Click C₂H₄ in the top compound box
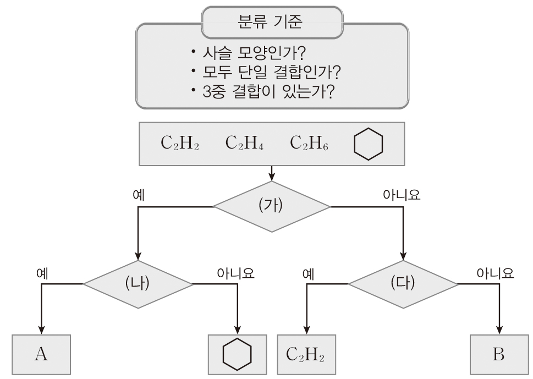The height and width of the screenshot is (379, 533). pos(245,144)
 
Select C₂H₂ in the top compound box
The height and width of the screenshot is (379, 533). pos(180,144)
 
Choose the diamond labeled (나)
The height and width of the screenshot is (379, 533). pos(138,284)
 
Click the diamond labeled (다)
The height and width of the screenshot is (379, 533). pos(403,284)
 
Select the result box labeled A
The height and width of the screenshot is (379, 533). pos(41,354)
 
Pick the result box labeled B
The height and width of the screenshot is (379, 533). pos(498,354)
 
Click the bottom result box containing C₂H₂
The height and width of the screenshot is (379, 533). pos(305,354)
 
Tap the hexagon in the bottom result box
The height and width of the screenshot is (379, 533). pos(237,354)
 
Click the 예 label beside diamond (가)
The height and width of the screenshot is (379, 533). pos(139,195)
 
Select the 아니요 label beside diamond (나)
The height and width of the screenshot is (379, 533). pos(236,273)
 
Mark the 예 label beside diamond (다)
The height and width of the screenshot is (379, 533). pos(308,273)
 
